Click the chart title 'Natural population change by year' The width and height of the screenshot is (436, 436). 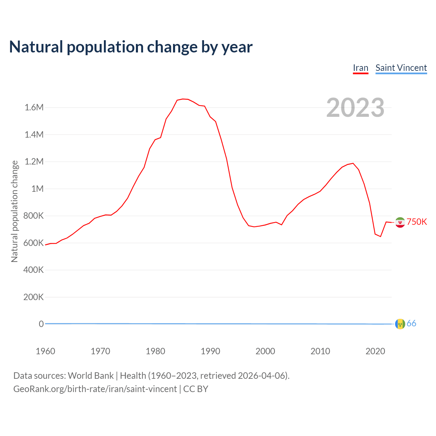tap(131, 47)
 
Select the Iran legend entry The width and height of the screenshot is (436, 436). tap(360, 68)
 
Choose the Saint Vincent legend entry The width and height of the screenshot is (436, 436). tap(401, 68)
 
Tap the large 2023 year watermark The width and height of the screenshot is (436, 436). tap(355, 108)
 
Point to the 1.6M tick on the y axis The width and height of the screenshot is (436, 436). tap(34, 108)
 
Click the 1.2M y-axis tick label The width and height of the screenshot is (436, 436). tap(34, 161)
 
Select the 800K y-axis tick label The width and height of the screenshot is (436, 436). tap(33, 216)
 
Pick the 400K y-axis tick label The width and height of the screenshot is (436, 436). tap(33, 270)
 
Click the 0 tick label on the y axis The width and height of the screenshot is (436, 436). tap(41, 324)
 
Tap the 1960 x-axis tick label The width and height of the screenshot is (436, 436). tap(45, 351)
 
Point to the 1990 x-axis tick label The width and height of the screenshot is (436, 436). tap(210, 351)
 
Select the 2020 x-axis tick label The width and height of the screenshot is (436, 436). tap(375, 351)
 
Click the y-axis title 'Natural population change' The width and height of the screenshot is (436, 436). tap(14, 211)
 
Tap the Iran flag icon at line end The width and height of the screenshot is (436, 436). tap(400, 222)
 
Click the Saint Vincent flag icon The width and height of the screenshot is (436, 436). tap(400, 324)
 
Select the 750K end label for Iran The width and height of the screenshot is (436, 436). tap(417, 222)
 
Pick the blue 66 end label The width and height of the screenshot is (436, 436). tap(411, 323)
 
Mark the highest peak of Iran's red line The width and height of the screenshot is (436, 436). tap(183, 99)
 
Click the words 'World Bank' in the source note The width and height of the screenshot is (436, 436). tap(91, 375)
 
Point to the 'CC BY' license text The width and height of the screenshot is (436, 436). tap(196, 389)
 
